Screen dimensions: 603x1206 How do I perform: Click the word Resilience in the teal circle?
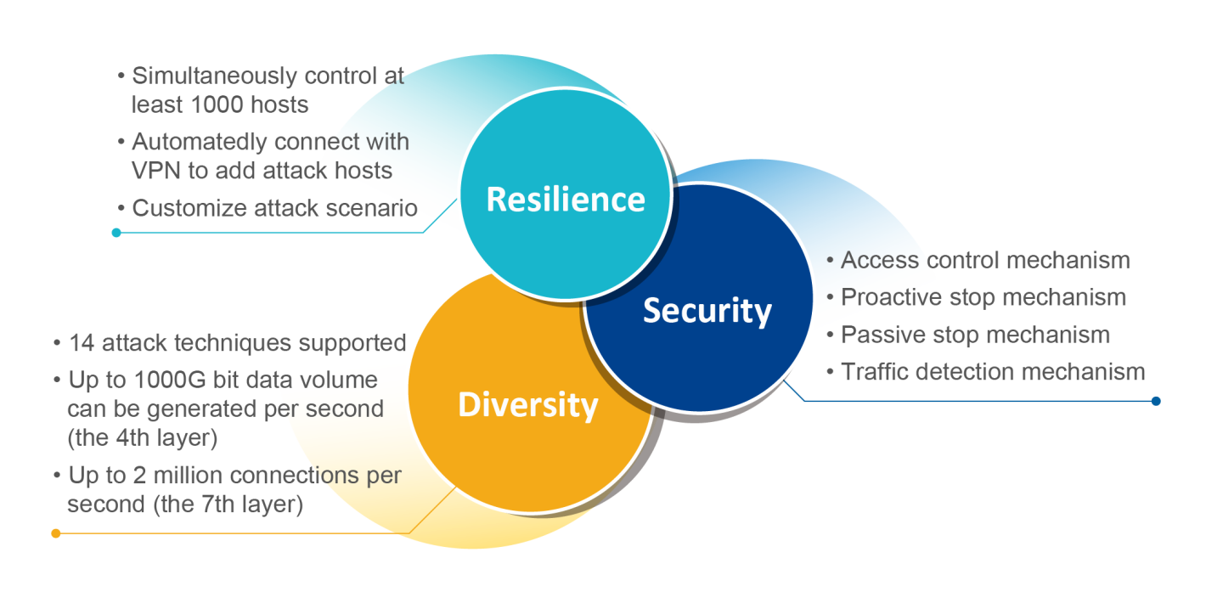click(x=566, y=200)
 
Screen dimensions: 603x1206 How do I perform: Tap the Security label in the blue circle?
click(x=707, y=311)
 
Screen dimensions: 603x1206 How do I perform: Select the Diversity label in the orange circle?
click(x=527, y=404)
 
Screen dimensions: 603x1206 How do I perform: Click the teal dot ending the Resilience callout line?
click(x=116, y=232)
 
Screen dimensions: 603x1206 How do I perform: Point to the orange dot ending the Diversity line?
click(x=56, y=533)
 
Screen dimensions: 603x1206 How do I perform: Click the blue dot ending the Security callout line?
click(x=1156, y=401)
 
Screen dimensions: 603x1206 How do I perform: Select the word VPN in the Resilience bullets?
click(x=156, y=170)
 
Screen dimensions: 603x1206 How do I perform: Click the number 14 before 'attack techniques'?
click(x=81, y=343)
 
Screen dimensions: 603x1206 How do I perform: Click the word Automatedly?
click(x=204, y=141)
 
